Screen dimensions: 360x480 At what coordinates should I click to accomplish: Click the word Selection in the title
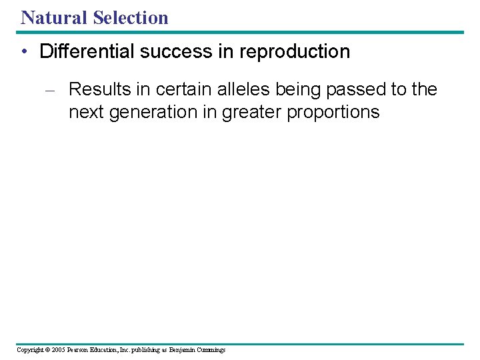(x=131, y=17)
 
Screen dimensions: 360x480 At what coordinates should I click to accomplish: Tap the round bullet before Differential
(x=25, y=52)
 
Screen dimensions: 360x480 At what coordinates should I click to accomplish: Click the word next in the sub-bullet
(x=85, y=112)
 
